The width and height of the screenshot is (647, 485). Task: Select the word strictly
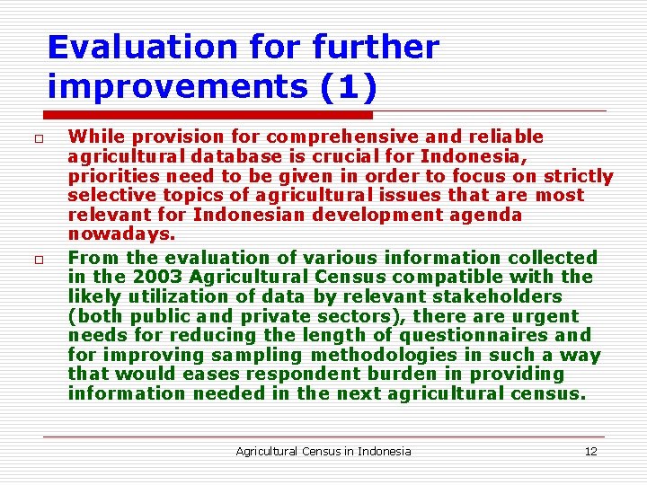click(579, 176)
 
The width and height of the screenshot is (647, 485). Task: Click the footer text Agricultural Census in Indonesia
click(323, 451)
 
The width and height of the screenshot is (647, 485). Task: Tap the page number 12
click(590, 451)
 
